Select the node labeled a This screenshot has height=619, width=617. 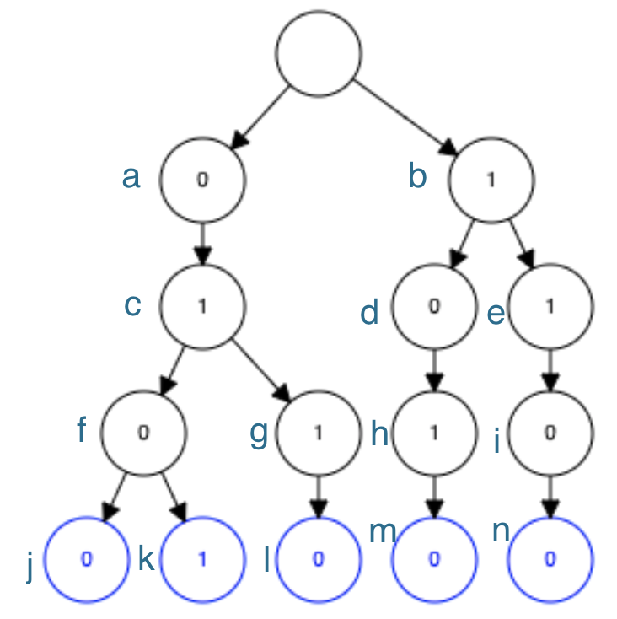tap(202, 180)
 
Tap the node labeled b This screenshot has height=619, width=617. tap(491, 180)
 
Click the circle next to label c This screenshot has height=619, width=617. tap(202, 306)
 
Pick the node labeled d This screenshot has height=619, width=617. tap(434, 306)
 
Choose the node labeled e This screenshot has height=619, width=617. tap(550, 306)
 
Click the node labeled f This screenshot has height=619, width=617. tap(143, 433)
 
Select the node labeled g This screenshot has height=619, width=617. tap(318, 433)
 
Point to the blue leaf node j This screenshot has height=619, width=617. tap(86, 560)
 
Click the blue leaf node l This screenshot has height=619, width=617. tap(318, 560)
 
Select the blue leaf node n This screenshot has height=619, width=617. tap(550, 560)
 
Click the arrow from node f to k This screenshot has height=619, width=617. tap(174, 498)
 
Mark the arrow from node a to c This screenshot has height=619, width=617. tap(202, 243)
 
